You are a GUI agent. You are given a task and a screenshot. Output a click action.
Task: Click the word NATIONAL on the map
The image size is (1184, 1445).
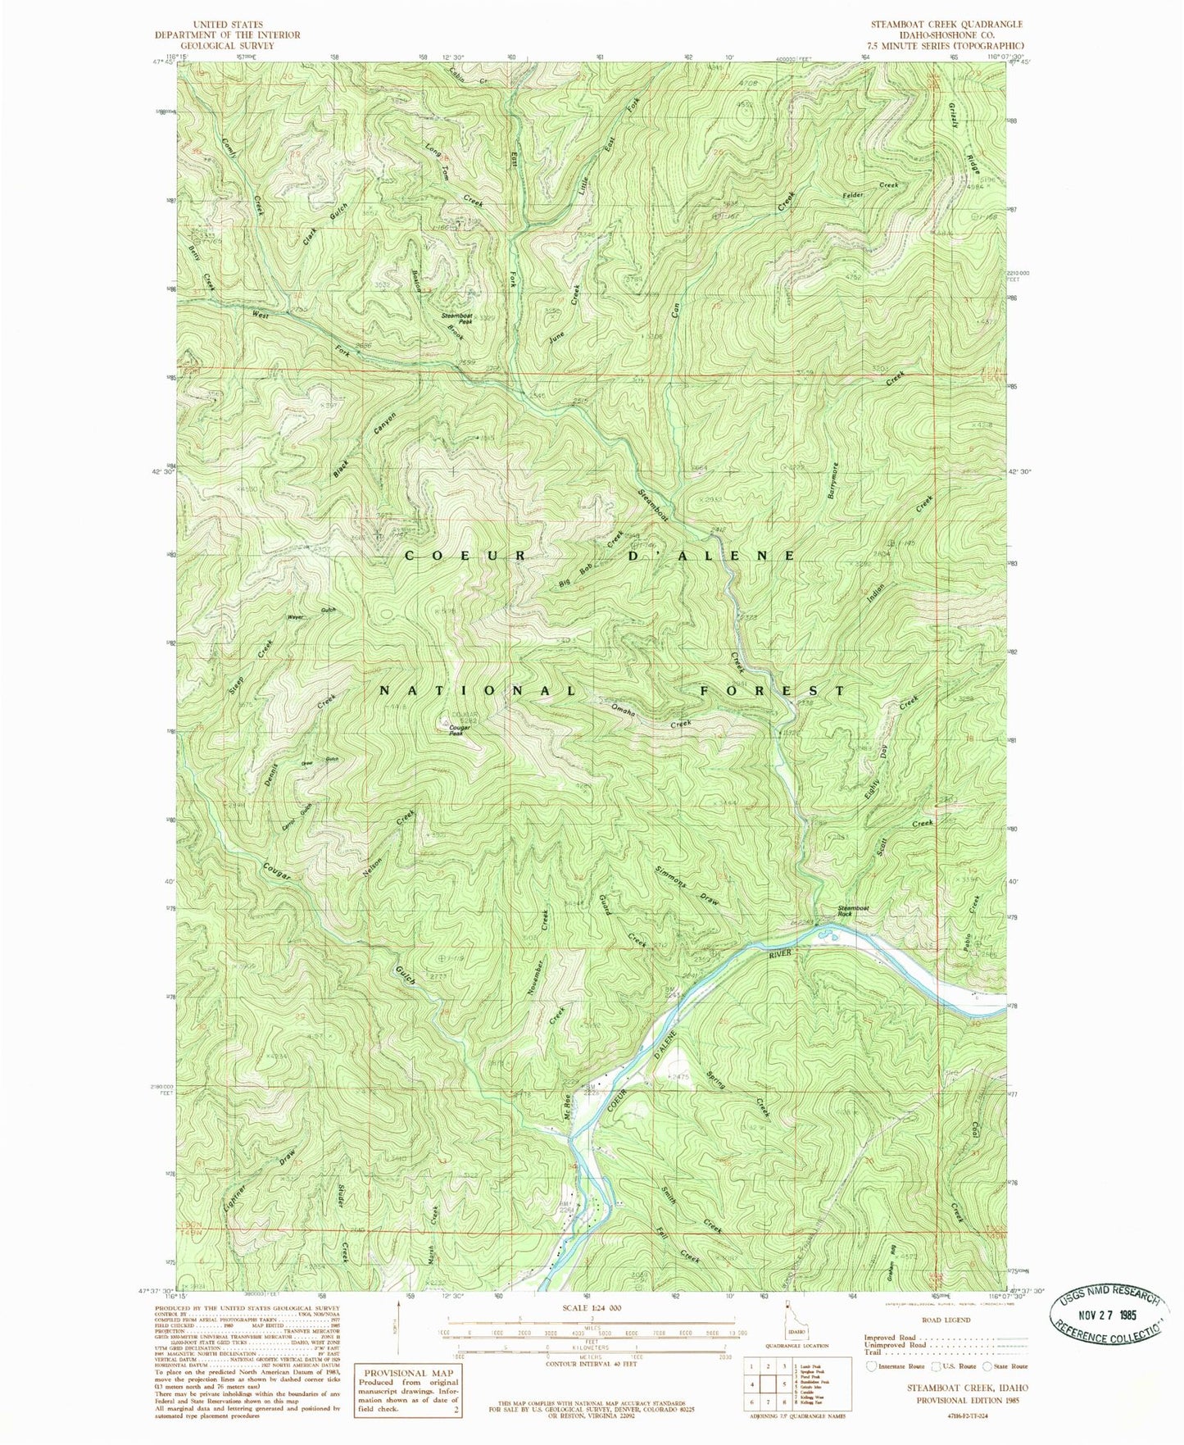click(x=478, y=691)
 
